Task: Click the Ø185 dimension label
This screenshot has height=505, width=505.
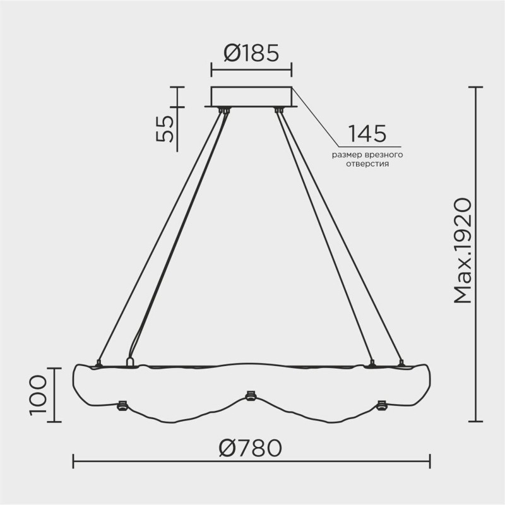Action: pos(251,53)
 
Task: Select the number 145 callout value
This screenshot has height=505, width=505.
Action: pos(367,134)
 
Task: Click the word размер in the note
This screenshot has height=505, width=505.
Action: pos(350,154)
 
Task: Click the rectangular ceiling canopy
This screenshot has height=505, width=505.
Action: pos(252,96)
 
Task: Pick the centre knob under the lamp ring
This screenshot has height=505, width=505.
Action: pos(250,396)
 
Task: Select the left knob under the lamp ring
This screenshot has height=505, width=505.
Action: pos(122,405)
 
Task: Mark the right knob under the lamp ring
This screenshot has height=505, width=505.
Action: pos(381,405)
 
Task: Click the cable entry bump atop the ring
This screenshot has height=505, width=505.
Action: pos(131,362)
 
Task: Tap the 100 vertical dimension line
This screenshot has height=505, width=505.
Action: pos(54,395)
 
